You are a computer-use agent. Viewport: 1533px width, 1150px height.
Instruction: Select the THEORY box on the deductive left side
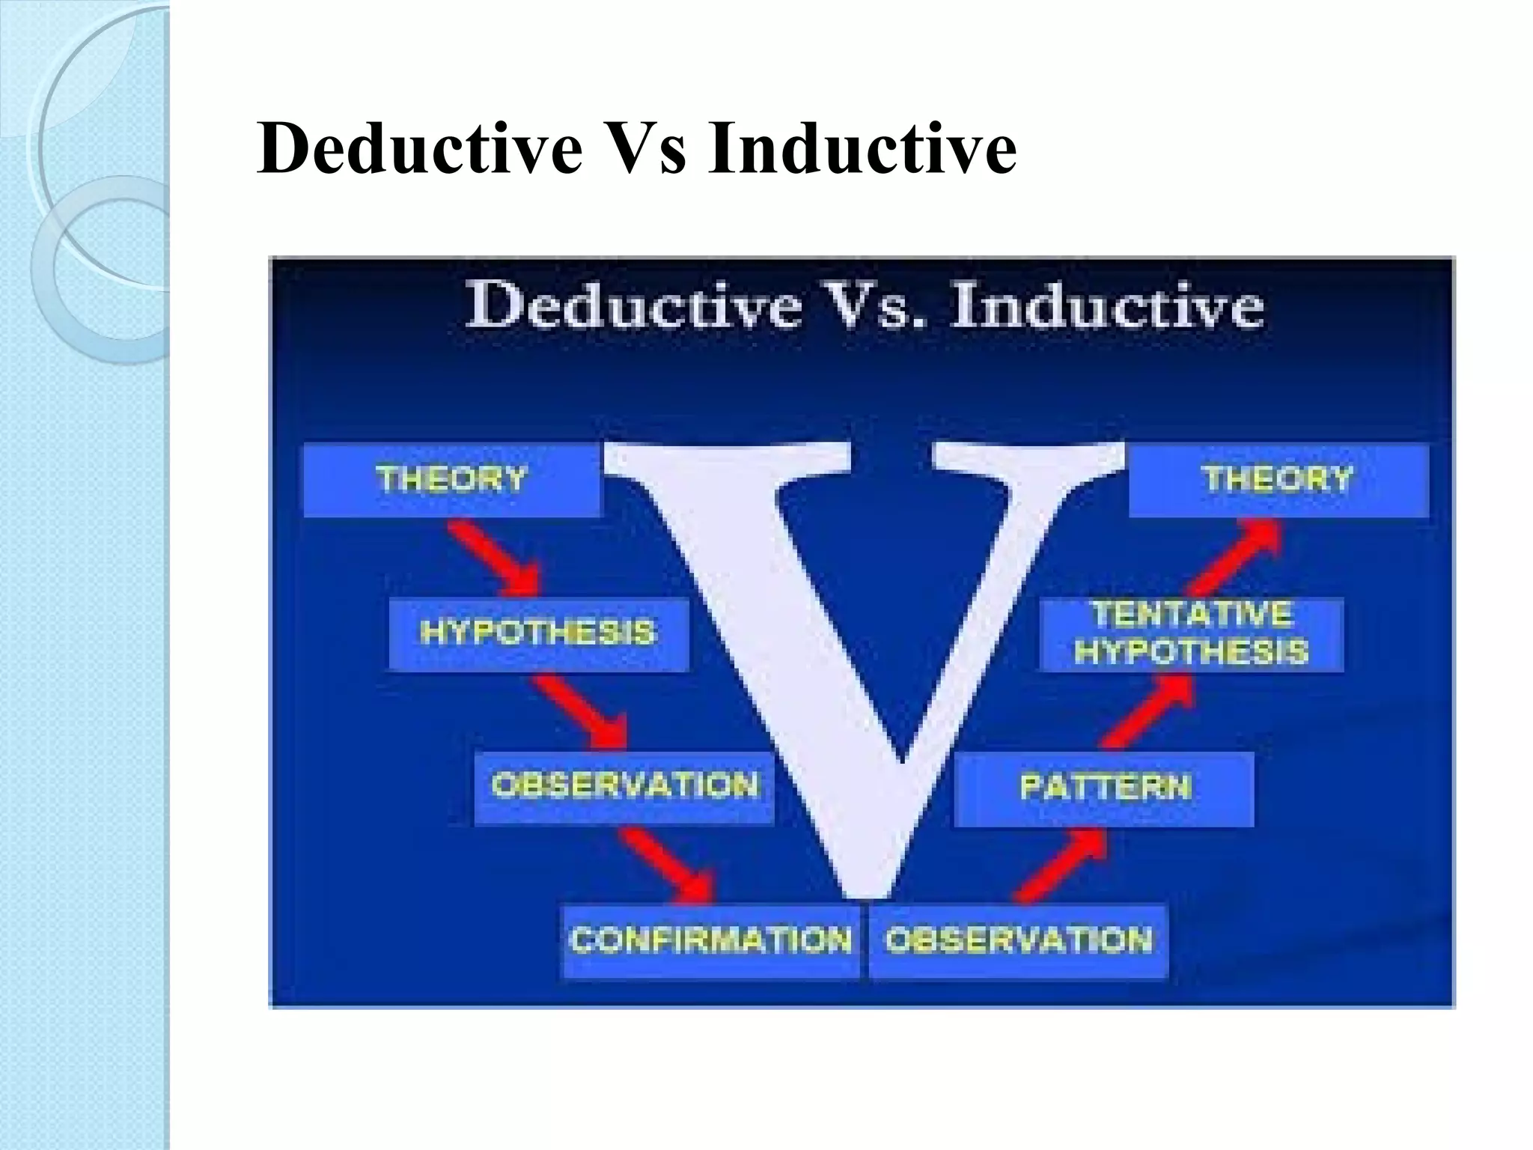coord(451,479)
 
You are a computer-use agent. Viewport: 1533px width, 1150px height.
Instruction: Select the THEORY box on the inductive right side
coord(1278,479)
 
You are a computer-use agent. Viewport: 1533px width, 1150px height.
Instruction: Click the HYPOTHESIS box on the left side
coord(537,633)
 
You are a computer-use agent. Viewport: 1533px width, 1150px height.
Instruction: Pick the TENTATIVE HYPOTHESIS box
coord(1191,633)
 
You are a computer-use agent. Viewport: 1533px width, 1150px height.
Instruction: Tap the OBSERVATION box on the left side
coord(624,786)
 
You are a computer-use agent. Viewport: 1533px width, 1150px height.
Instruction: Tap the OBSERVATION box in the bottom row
coord(1018,940)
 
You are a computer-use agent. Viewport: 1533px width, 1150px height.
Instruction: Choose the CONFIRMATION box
coord(710,940)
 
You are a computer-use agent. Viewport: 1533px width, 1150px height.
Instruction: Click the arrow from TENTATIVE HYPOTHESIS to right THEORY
coord(1235,559)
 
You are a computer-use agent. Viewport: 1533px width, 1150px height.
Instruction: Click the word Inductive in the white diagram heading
coord(1106,306)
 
